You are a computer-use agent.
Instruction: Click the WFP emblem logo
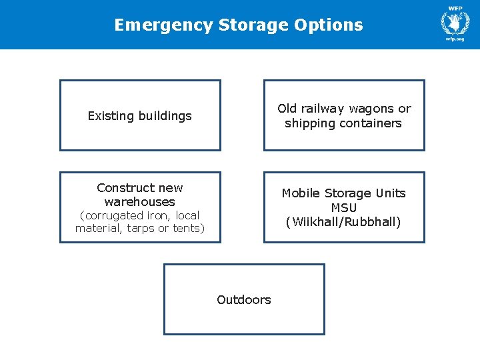click(x=455, y=22)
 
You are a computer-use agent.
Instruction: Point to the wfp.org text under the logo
click(x=455, y=39)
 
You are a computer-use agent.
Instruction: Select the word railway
click(x=323, y=109)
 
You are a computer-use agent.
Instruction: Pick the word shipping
click(x=310, y=123)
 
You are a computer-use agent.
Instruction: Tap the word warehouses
click(x=140, y=201)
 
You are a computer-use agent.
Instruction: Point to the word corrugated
click(x=111, y=215)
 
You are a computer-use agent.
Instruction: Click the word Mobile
click(x=301, y=193)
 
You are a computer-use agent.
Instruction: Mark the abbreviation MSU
click(x=344, y=208)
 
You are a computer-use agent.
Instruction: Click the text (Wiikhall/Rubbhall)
click(x=343, y=222)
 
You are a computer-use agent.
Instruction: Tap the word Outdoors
click(x=244, y=300)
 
